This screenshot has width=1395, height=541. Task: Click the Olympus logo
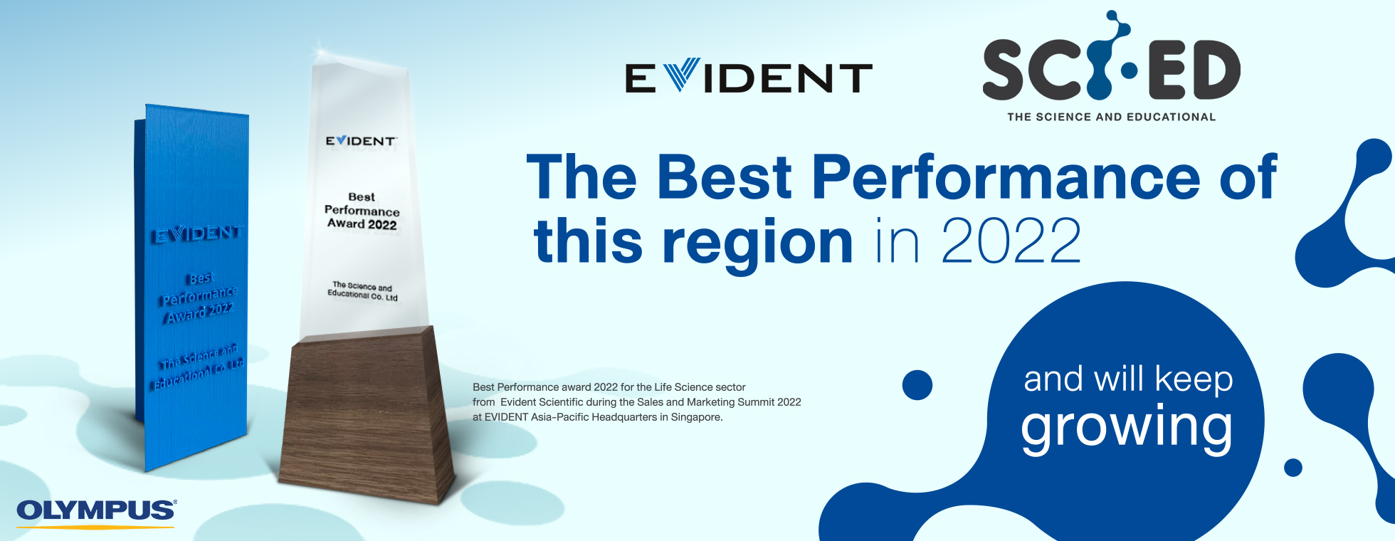(96, 513)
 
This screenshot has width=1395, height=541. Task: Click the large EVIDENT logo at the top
(748, 77)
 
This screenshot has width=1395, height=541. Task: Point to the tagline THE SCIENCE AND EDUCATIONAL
(1111, 117)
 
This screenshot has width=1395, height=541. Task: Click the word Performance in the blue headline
(1006, 177)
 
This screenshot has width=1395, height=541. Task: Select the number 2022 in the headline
(1011, 241)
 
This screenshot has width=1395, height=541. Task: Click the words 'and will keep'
(1128, 379)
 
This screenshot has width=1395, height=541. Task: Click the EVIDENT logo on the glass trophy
(361, 141)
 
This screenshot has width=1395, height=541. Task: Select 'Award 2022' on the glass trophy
(362, 224)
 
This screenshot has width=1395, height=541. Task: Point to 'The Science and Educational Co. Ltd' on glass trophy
(363, 291)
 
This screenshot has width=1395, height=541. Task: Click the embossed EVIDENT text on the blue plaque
(198, 233)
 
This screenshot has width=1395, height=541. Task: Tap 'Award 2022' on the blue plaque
(199, 312)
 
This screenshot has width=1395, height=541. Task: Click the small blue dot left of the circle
(917, 385)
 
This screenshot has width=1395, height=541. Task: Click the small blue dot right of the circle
(1293, 468)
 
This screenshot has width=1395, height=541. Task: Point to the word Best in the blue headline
(725, 177)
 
